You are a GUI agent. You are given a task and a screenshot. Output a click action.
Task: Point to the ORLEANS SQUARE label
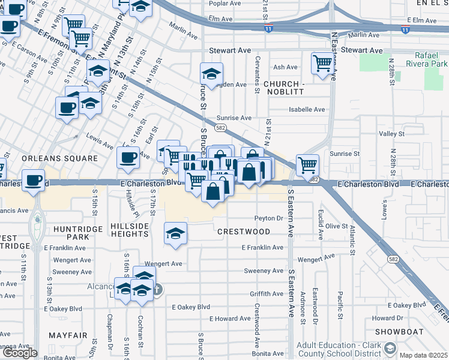point(59,158)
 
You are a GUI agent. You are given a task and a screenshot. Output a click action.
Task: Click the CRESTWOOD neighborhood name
point(243,231)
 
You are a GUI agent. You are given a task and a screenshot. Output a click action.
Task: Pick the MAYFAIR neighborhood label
point(68,335)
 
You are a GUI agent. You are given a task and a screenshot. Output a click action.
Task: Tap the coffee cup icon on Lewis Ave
point(127,157)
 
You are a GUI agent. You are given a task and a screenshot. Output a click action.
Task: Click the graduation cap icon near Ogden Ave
point(211,74)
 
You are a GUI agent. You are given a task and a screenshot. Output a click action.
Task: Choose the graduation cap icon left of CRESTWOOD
point(175,233)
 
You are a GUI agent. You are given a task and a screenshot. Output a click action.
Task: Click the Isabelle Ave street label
point(307,109)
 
